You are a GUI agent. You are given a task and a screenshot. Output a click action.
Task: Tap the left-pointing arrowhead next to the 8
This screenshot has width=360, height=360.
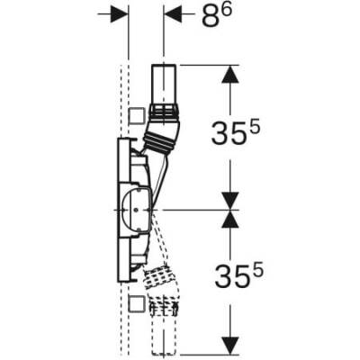coord(174,15)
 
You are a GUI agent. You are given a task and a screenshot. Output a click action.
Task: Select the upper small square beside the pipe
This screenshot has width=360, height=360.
coord(136,115)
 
